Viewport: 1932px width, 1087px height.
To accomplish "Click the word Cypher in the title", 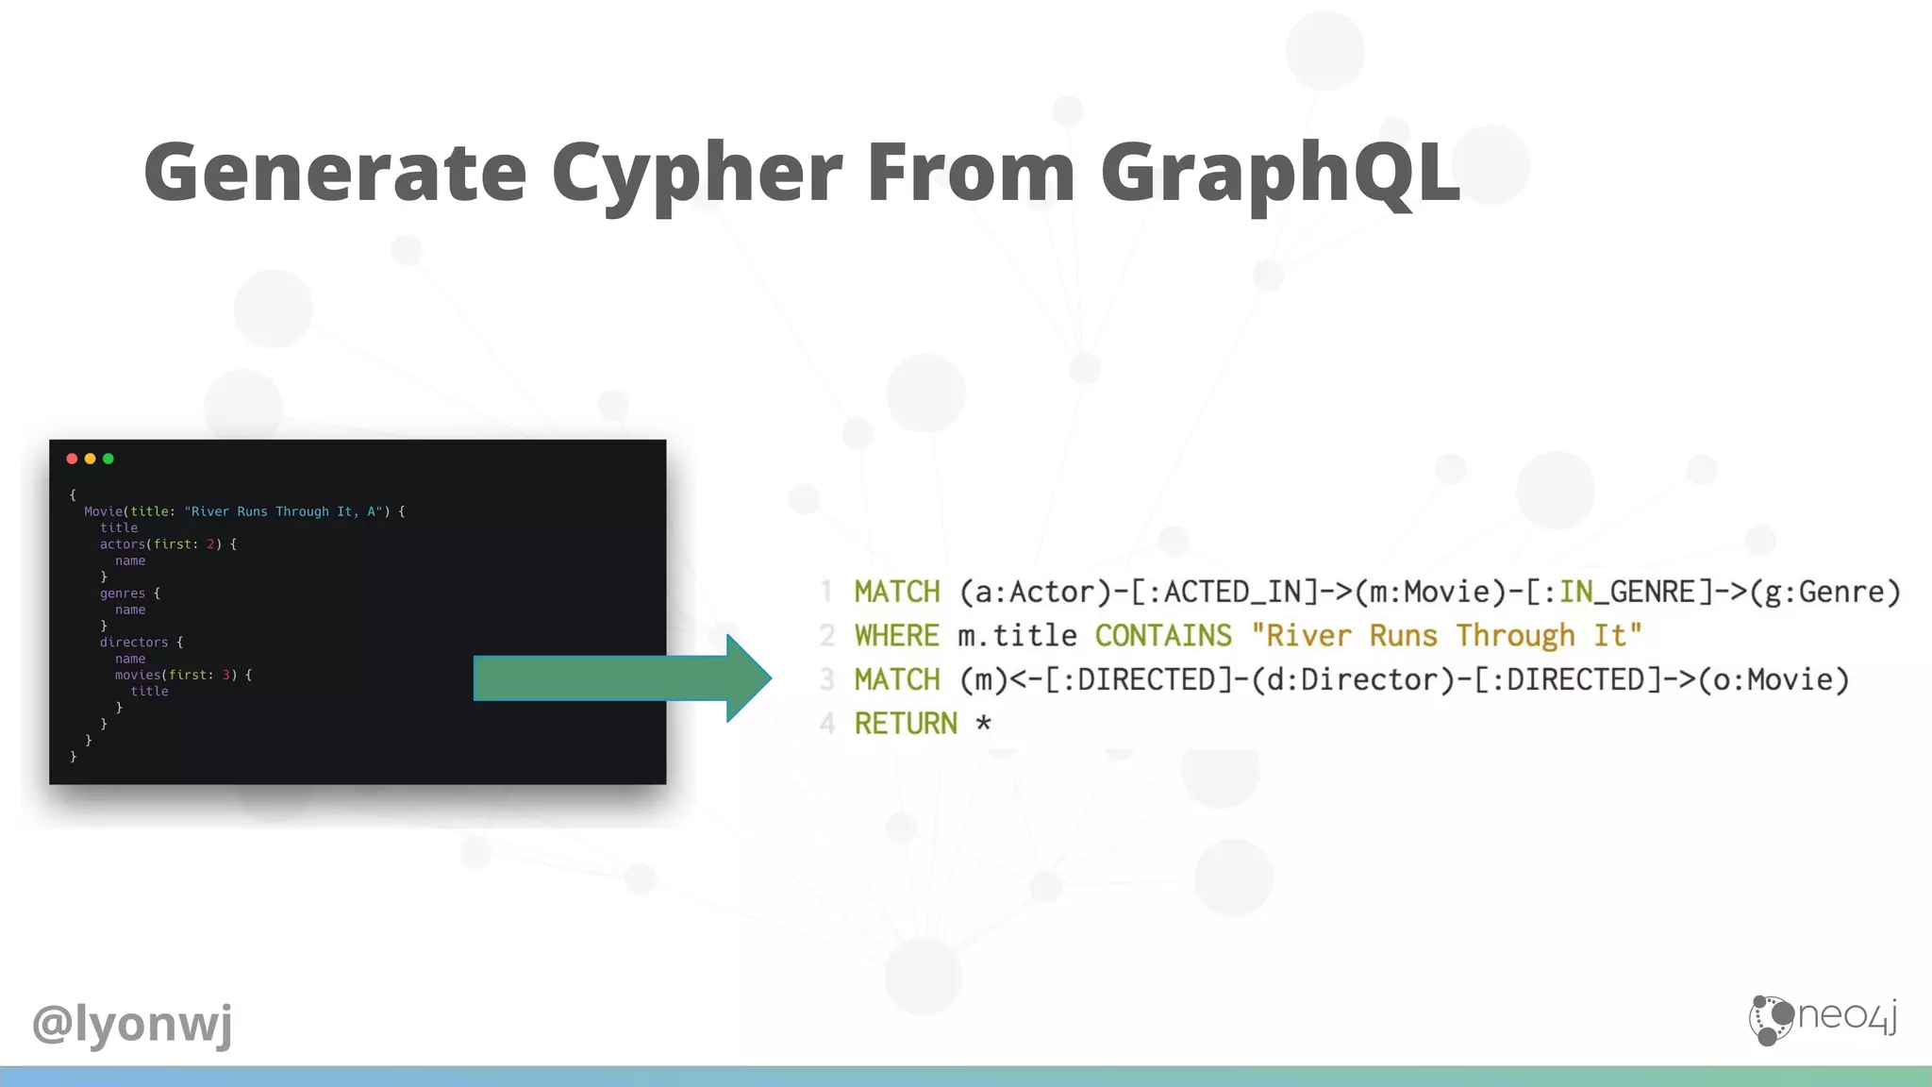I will (x=696, y=173).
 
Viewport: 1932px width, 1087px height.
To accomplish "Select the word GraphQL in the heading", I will (x=1280, y=173).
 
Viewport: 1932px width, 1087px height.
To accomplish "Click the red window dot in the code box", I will (x=72, y=459).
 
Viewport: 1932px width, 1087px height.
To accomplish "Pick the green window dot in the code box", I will (x=108, y=459).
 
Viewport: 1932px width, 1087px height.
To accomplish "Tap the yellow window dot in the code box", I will (x=91, y=459).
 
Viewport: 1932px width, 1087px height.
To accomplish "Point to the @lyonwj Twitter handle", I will (x=132, y=1024).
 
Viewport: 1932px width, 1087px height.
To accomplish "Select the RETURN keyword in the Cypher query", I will (x=906, y=724).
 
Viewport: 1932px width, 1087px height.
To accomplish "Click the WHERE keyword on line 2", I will (x=896, y=636).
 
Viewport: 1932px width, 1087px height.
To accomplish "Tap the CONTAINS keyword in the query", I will (x=1163, y=636).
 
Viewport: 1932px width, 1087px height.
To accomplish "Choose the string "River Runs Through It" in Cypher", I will (x=1446, y=636).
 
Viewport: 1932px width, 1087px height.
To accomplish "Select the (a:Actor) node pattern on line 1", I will (x=1035, y=592).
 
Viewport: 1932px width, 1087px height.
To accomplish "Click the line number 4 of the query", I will (x=827, y=724).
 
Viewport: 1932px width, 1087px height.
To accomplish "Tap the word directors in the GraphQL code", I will (x=134, y=643).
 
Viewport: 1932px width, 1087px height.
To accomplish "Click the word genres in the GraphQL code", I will (x=123, y=594).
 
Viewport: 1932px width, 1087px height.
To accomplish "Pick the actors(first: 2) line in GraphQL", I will (x=160, y=544).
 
